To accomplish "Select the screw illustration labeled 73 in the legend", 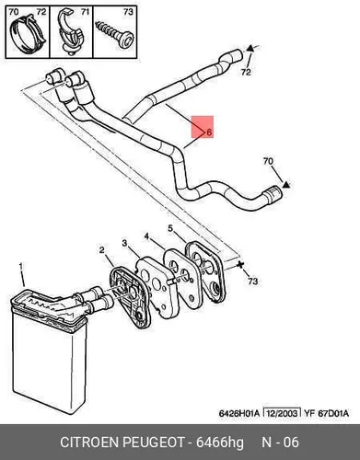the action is tap(114, 33).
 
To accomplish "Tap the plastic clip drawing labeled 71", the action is tap(69, 34).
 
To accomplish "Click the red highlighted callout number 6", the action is tap(209, 132).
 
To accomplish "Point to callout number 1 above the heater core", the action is tap(21, 266).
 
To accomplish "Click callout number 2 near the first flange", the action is tap(102, 250).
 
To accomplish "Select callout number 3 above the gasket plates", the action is tap(124, 243).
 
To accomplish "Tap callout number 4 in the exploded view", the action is tap(146, 236).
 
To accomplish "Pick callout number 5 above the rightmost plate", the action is tap(170, 228).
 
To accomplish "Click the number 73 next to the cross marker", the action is tap(252, 281).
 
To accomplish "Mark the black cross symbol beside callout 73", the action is tap(239, 264).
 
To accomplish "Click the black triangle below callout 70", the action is tap(286, 184).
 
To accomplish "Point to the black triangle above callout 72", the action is tap(250, 48).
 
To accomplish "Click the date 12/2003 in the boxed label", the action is tap(282, 413).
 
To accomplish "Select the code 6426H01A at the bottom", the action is tap(239, 413).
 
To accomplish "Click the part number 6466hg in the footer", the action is tap(220, 443).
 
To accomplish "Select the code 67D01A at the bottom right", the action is tap(333, 413).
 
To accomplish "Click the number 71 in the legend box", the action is tap(85, 12).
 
